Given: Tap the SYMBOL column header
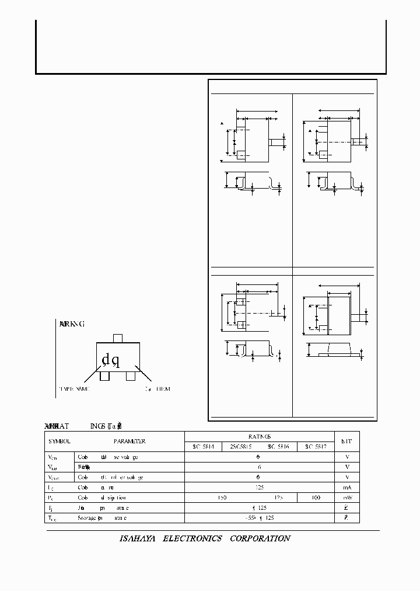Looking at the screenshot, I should tap(59, 441).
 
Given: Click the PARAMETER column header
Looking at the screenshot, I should tap(129, 441).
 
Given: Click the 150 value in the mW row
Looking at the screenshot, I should tap(222, 498).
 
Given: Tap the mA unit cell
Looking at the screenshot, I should tap(346, 487).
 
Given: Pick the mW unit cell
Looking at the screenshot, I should tap(346, 498).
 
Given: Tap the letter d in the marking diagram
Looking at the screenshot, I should tap(106, 359).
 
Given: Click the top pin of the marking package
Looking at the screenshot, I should tap(117, 339).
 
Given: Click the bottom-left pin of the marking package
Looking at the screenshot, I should tap(104, 376).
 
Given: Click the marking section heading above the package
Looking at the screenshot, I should tap(72, 324).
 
